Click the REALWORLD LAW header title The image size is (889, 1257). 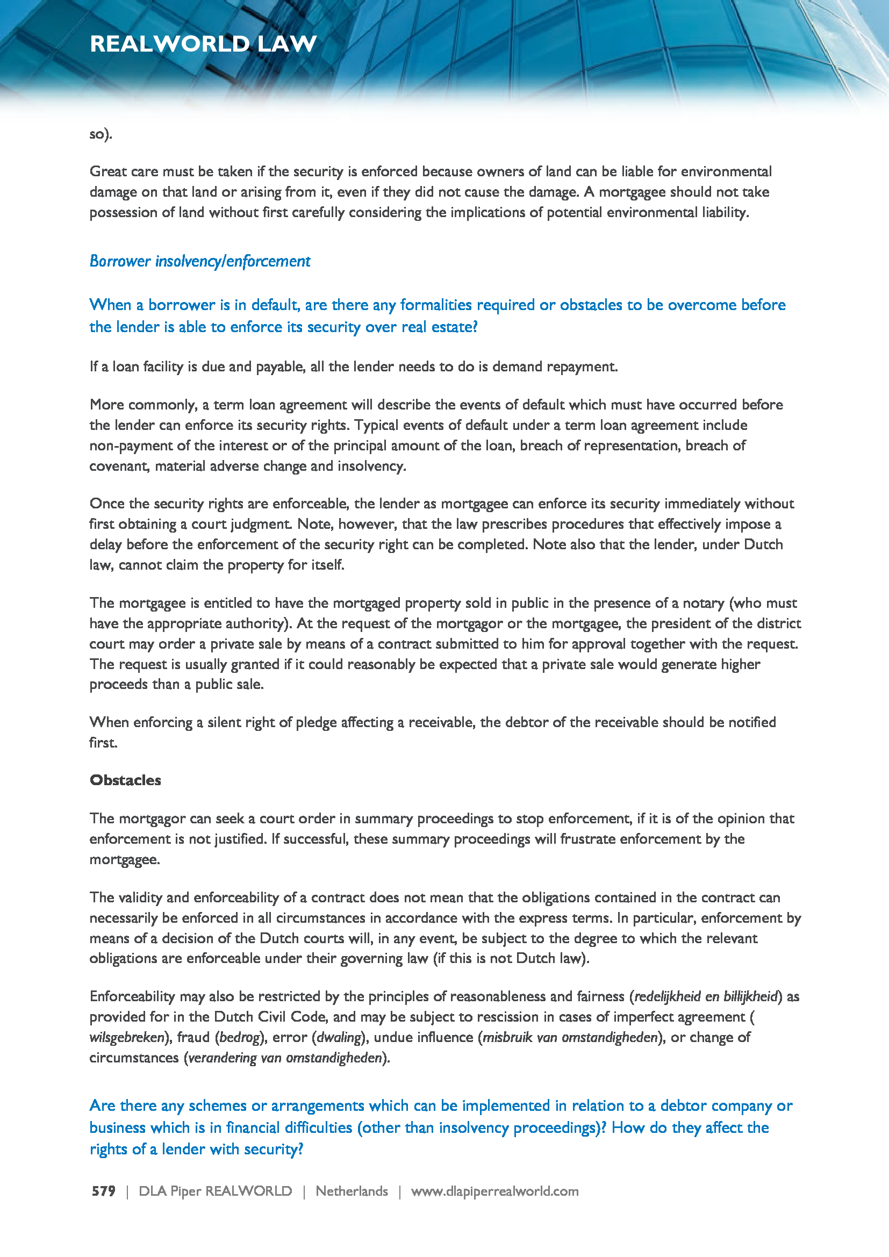(203, 44)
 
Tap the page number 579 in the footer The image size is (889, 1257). (103, 1191)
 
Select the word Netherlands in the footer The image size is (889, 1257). (352, 1191)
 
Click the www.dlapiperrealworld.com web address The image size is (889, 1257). (494, 1191)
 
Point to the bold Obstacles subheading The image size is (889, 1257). (125, 780)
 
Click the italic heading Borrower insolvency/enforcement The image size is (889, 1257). (200, 261)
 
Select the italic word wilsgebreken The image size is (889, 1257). (127, 1037)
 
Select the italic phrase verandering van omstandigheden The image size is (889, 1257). (285, 1057)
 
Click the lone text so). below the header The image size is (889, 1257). (101, 134)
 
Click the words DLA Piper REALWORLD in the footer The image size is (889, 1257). (215, 1191)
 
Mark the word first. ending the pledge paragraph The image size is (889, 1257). (103, 742)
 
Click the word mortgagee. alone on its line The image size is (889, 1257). (125, 859)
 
